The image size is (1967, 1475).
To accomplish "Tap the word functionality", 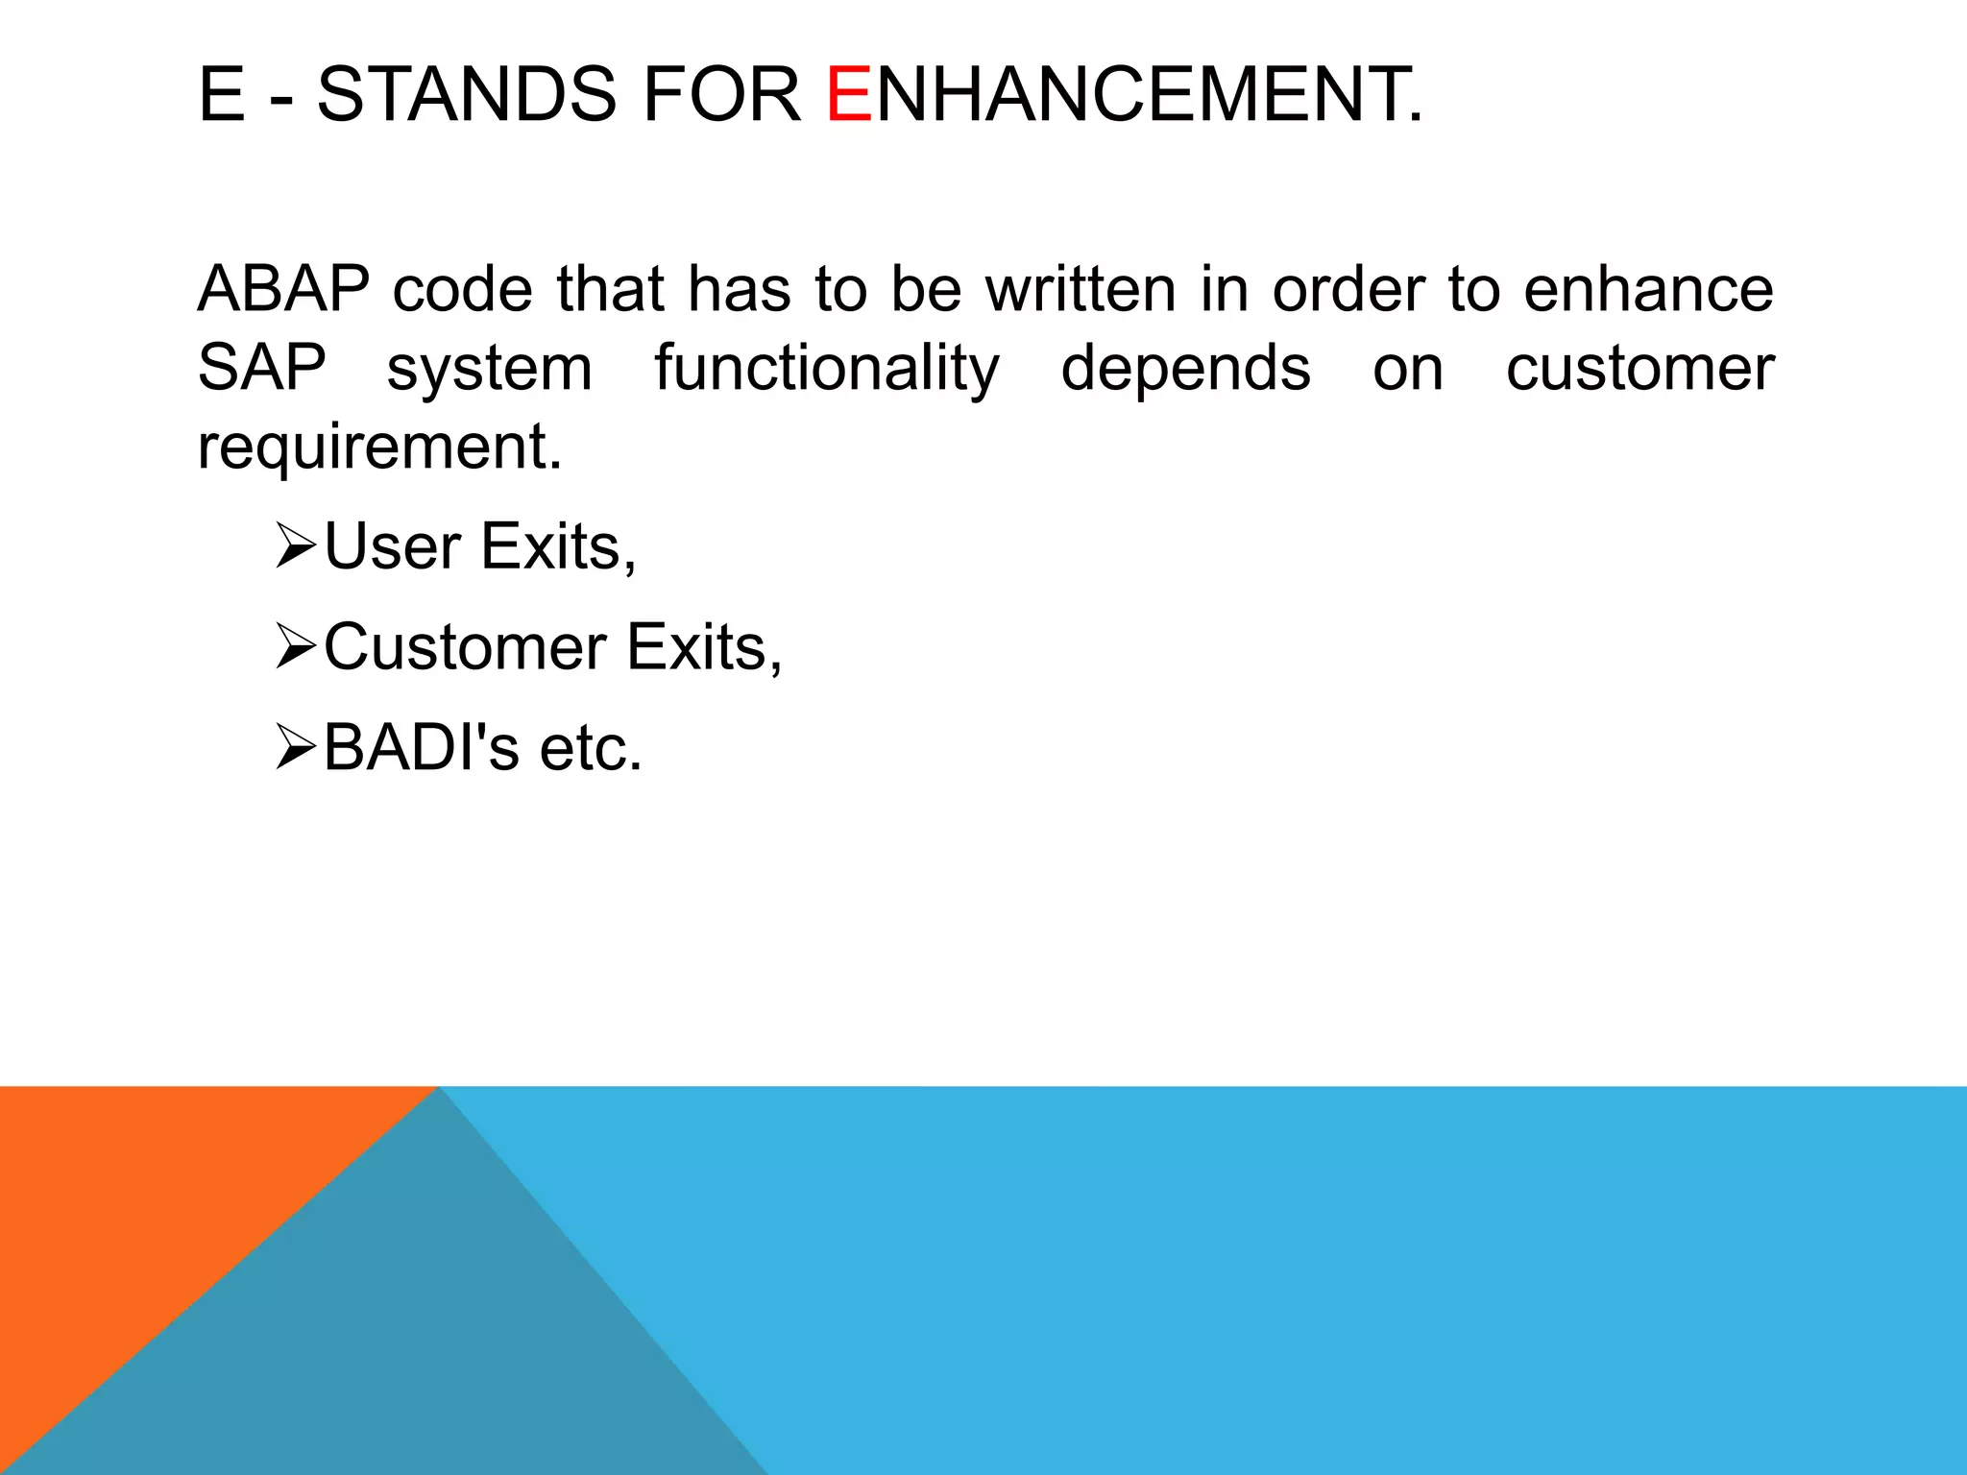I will click(827, 369).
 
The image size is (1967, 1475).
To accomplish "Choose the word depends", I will click(1185, 369).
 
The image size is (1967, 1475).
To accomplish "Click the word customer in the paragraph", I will click(1639, 369).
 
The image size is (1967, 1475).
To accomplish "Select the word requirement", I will click(379, 447).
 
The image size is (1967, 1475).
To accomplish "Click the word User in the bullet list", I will click(392, 546).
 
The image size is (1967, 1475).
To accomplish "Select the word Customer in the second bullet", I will click(465, 647).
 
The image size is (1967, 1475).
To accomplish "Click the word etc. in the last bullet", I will click(591, 748).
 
